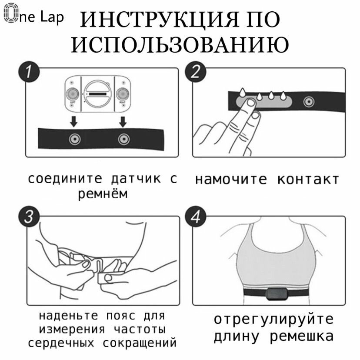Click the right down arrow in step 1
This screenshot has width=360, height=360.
pos(123,120)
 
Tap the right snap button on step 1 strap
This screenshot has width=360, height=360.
pos(124,139)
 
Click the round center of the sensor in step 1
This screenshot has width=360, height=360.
pos(98,93)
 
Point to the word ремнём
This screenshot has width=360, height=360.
pos(103,194)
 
